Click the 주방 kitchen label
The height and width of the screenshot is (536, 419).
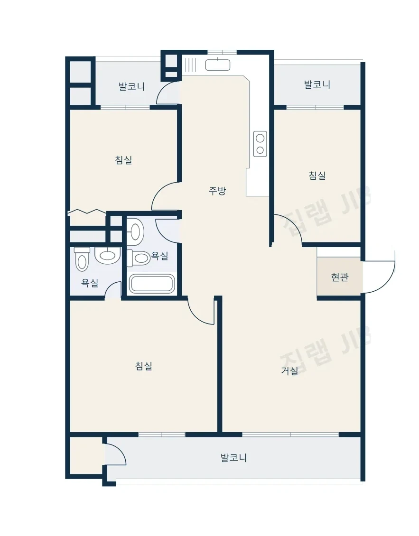click(217, 190)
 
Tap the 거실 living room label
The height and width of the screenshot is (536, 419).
click(289, 370)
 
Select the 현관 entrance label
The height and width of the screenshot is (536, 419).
click(340, 277)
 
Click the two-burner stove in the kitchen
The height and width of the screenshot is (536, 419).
click(260, 144)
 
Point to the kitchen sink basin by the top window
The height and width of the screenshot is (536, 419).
click(217, 65)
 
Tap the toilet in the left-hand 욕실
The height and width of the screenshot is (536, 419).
click(82, 259)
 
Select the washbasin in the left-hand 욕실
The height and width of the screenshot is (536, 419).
click(107, 255)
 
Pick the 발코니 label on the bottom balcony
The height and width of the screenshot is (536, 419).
click(233, 458)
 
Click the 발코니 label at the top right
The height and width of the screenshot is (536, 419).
click(317, 84)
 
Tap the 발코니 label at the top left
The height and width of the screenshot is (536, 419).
click(132, 86)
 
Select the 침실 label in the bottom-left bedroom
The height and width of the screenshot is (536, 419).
click(144, 366)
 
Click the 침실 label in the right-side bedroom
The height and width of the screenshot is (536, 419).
click(317, 176)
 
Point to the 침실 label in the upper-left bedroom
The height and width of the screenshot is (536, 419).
click(123, 160)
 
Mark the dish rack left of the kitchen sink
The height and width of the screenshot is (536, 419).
click(190, 65)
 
